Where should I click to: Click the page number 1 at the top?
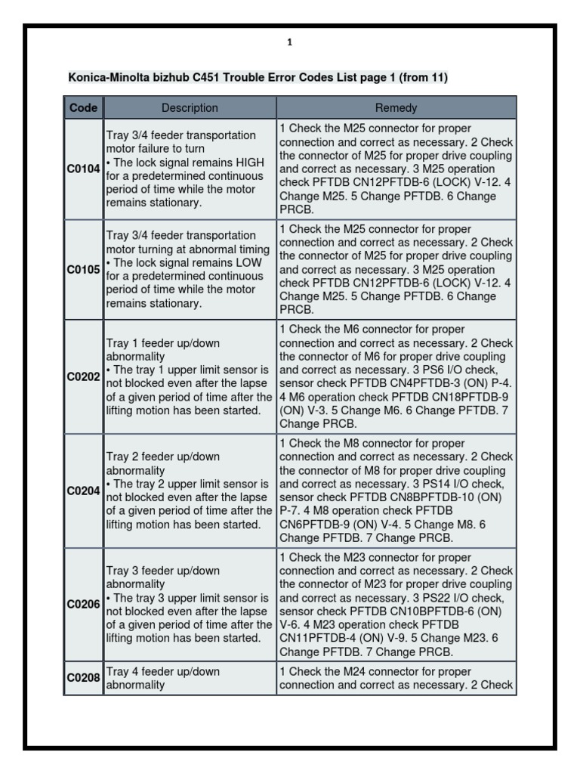coord(289,43)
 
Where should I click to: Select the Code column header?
coord(83,108)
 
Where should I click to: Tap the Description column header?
coord(190,108)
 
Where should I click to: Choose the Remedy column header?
coord(396,108)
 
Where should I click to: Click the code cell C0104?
coord(83,169)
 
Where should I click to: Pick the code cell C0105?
coord(83,270)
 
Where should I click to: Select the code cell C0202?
coord(83,377)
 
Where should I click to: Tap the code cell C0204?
coord(83,491)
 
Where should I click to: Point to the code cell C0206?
coord(83,604)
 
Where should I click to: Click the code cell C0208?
coord(83,678)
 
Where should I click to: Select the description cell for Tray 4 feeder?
coord(190,678)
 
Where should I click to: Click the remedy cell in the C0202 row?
coord(396,377)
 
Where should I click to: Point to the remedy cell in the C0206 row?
coord(396,604)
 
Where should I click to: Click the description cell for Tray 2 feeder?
coord(190,491)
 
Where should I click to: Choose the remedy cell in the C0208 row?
coord(396,678)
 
